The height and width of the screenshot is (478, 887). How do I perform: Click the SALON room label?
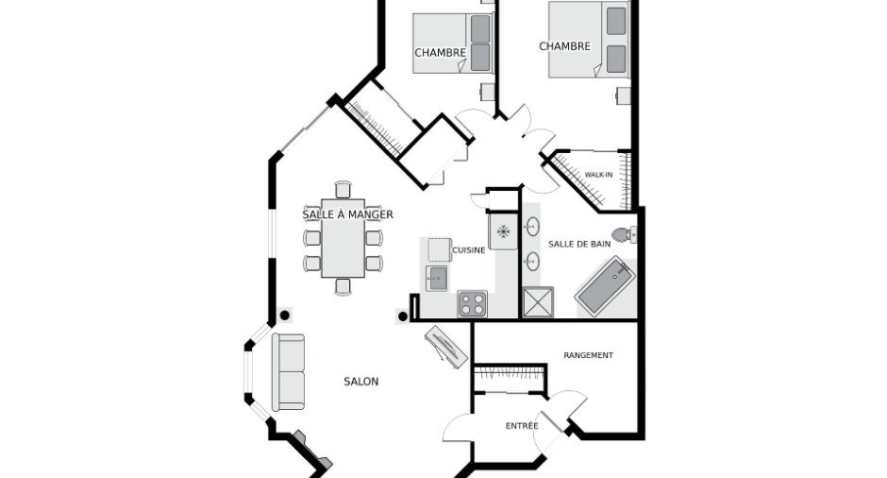360,382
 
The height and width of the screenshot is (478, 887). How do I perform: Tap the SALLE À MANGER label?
347,214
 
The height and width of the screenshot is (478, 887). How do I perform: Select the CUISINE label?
468,249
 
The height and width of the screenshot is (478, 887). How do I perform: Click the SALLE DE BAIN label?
579,244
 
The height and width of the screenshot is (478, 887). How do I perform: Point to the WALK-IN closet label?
598,175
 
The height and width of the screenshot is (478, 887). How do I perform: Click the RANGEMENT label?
588,355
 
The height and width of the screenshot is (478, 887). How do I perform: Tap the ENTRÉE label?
522,426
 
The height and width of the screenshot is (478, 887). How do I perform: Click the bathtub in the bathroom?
605,285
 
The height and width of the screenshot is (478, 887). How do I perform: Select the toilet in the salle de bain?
624,234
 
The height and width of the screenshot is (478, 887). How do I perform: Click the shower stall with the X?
538,302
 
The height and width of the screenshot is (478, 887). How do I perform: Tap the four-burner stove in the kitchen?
473,303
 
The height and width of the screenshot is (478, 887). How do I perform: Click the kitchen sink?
437,278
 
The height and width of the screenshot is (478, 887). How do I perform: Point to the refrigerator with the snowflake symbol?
503,231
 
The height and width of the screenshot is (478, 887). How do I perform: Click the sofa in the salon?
289,372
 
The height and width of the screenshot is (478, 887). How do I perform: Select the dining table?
343,238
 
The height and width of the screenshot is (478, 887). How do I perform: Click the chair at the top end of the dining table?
343,190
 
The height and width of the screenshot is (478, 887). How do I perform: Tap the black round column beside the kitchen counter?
403,316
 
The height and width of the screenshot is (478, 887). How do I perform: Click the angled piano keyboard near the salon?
446,347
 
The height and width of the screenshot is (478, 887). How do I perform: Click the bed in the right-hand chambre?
589,40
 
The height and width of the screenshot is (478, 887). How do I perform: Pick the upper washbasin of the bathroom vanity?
532,227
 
